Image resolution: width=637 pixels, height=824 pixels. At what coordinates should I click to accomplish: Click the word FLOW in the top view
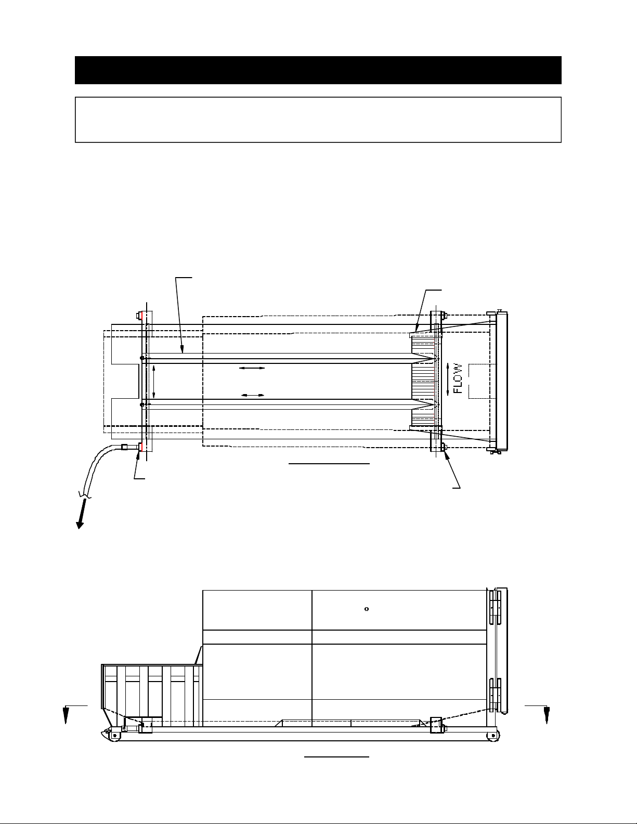[458, 378]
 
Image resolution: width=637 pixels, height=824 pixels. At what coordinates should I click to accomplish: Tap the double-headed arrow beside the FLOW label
[448, 379]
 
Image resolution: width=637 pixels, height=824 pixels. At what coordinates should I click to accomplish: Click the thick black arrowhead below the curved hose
[80, 525]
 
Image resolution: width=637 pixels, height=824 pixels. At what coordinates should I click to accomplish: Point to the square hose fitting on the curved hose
[124, 447]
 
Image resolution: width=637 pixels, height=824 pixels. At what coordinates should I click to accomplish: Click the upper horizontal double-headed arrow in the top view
[252, 368]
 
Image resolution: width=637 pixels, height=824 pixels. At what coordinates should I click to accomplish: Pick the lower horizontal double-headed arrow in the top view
[253, 395]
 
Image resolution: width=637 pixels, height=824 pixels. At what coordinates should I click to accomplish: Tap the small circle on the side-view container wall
[367, 609]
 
